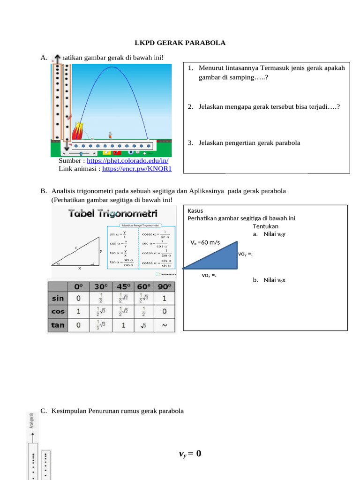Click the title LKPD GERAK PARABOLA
180,43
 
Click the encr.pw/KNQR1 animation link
137,169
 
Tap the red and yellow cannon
78,131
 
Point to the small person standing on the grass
111,135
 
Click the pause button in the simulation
131,151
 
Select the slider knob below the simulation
81,153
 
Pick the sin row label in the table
58,298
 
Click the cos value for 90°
165,311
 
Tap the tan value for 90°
165,325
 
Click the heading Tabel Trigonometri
113,213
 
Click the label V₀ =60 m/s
205,242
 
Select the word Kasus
195,210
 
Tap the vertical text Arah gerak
31,420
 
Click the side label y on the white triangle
101,251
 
